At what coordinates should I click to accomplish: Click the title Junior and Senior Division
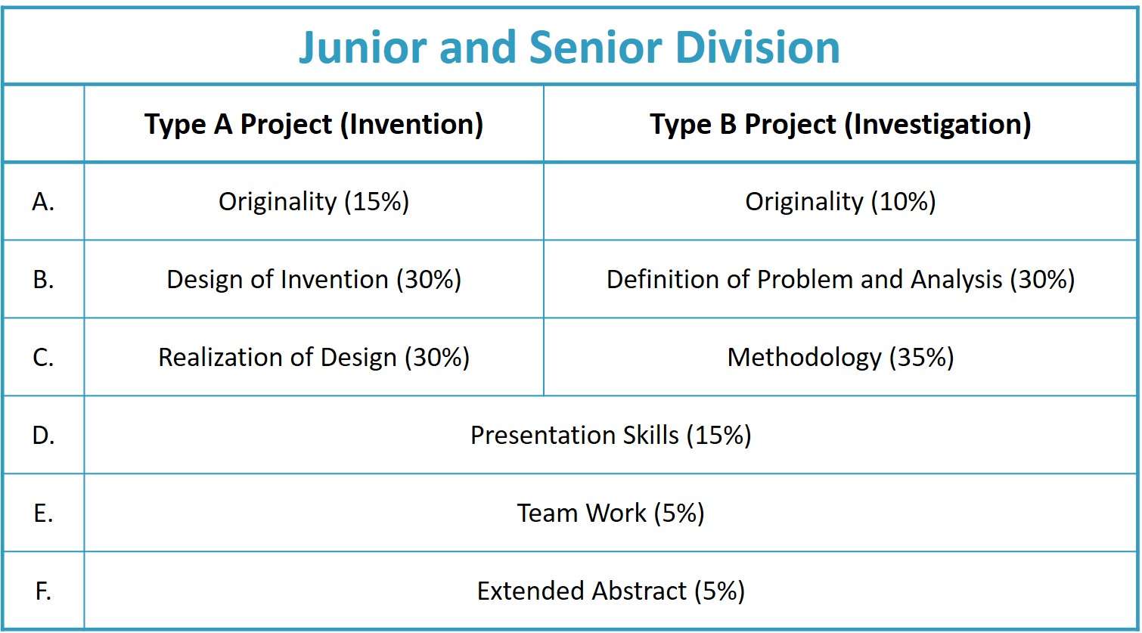point(569,48)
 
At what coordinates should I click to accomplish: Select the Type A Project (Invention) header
point(314,125)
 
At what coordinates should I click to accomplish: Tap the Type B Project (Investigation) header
point(840,125)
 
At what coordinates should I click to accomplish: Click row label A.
point(43,202)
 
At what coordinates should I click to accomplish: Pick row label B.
point(43,280)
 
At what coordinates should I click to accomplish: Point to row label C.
point(43,358)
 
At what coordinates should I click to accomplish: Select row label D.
point(43,436)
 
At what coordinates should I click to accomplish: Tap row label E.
point(43,514)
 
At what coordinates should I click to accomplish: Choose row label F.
point(43,591)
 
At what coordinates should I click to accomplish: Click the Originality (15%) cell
point(314,202)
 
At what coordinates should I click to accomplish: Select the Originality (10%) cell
point(840,202)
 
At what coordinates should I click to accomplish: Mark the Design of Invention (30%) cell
point(314,280)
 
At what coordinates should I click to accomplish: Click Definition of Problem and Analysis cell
point(840,280)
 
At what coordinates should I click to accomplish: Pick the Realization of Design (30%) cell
point(314,358)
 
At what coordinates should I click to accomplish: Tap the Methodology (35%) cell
point(840,358)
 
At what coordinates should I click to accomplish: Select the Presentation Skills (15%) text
point(611,436)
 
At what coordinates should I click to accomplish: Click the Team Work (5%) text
point(611,514)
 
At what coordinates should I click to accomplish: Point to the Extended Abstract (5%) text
point(611,591)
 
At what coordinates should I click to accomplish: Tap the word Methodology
point(804,358)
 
